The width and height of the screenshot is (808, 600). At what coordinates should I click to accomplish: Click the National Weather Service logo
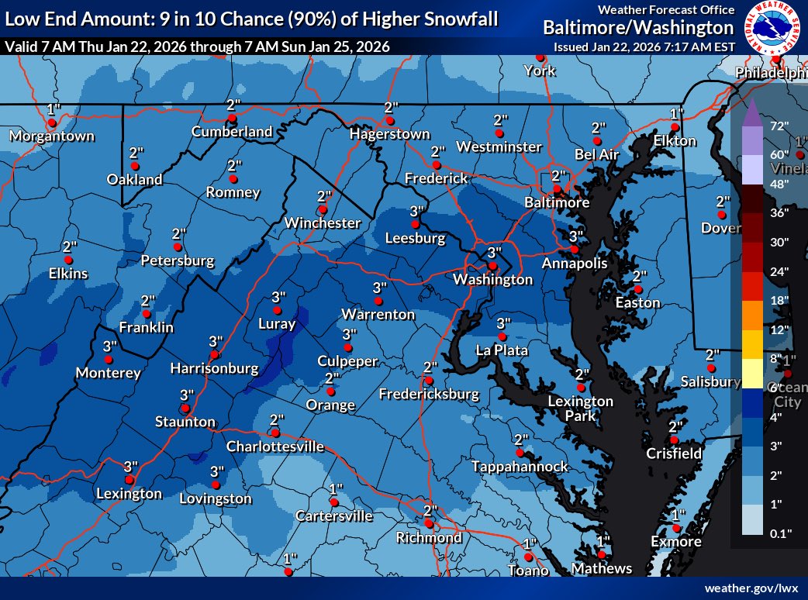pos(772,29)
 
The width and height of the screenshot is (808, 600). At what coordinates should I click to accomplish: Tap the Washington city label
pos(493,279)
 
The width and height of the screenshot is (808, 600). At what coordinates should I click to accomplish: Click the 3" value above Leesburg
pos(417,211)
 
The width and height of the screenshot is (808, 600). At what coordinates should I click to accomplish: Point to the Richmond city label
pos(429,537)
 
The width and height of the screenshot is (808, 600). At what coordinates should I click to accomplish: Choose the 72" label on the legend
pos(779,126)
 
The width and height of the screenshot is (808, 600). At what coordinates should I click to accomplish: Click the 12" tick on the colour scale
pos(779,329)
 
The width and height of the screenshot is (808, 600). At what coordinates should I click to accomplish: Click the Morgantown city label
pos(52,136)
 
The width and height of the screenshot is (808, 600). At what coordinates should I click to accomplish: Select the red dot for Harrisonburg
pos(211,355)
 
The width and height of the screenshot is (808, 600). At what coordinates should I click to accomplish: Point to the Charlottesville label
pos(275,447)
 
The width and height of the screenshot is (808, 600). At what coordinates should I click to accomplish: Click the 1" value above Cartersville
pos(336,488)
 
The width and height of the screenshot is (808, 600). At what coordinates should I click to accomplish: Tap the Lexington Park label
pos(580,408)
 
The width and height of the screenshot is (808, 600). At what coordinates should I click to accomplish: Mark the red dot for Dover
pos(721,215)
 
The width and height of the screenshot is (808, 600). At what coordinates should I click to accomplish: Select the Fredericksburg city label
pos(429,395)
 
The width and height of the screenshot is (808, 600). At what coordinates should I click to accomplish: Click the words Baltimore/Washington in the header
pos(637,29)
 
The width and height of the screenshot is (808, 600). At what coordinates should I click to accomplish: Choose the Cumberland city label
pos(232,132)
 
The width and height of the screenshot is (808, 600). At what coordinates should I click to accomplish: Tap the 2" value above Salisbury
pos(712,354)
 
